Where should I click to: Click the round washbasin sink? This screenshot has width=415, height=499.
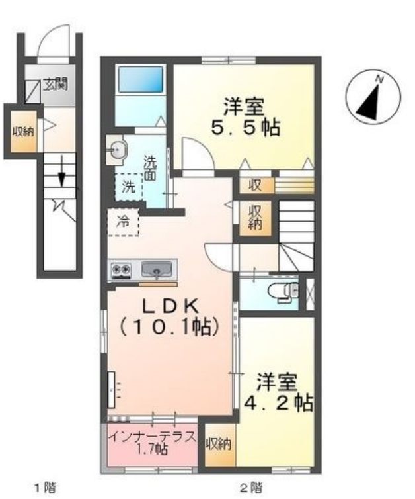117,151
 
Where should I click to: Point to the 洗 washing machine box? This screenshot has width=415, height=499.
127,187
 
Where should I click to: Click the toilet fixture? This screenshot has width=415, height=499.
283,290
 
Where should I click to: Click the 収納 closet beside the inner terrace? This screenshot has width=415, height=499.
219,444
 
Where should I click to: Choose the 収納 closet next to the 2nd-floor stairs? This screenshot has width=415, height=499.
255,218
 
